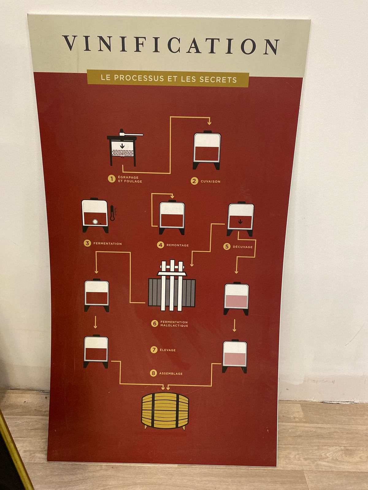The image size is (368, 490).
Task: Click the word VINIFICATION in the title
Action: [171, 45]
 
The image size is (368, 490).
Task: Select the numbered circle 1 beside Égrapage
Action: [112, 179]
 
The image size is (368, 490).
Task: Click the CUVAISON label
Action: [210, 182]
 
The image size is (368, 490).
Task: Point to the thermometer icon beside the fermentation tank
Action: [113, 213]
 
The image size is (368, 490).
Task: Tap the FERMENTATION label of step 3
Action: [107, 243]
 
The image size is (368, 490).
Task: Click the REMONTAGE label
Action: [178, 245]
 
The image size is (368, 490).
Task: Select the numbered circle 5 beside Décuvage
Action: [227, 247]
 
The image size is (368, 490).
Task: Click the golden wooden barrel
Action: [165, 411]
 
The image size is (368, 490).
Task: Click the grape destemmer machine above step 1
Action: [124, 147]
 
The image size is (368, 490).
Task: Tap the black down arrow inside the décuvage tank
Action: [240, 221]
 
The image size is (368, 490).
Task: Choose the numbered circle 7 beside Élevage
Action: [154, 350]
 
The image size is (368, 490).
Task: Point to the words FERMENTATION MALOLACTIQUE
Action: [174, 324]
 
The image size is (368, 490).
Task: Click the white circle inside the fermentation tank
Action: [95, 222]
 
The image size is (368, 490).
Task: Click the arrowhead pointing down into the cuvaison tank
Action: [209, 123]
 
